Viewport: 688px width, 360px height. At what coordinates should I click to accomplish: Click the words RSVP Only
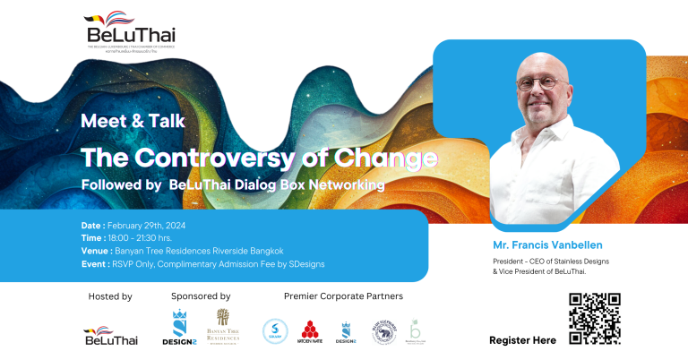(133, 264)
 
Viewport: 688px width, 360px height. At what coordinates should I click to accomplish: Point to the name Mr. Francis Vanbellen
(549, 244)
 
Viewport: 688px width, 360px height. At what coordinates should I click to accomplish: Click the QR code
(594, 318)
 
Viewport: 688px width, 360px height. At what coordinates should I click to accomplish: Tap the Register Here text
(522, 340)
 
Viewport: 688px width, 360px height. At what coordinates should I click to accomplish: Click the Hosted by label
(110, 296)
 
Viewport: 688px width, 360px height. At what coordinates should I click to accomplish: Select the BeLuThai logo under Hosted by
(110, 335)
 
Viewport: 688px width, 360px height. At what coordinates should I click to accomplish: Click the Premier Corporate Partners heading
(343, 296)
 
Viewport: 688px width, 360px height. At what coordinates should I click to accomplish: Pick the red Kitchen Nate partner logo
(310, 332)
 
